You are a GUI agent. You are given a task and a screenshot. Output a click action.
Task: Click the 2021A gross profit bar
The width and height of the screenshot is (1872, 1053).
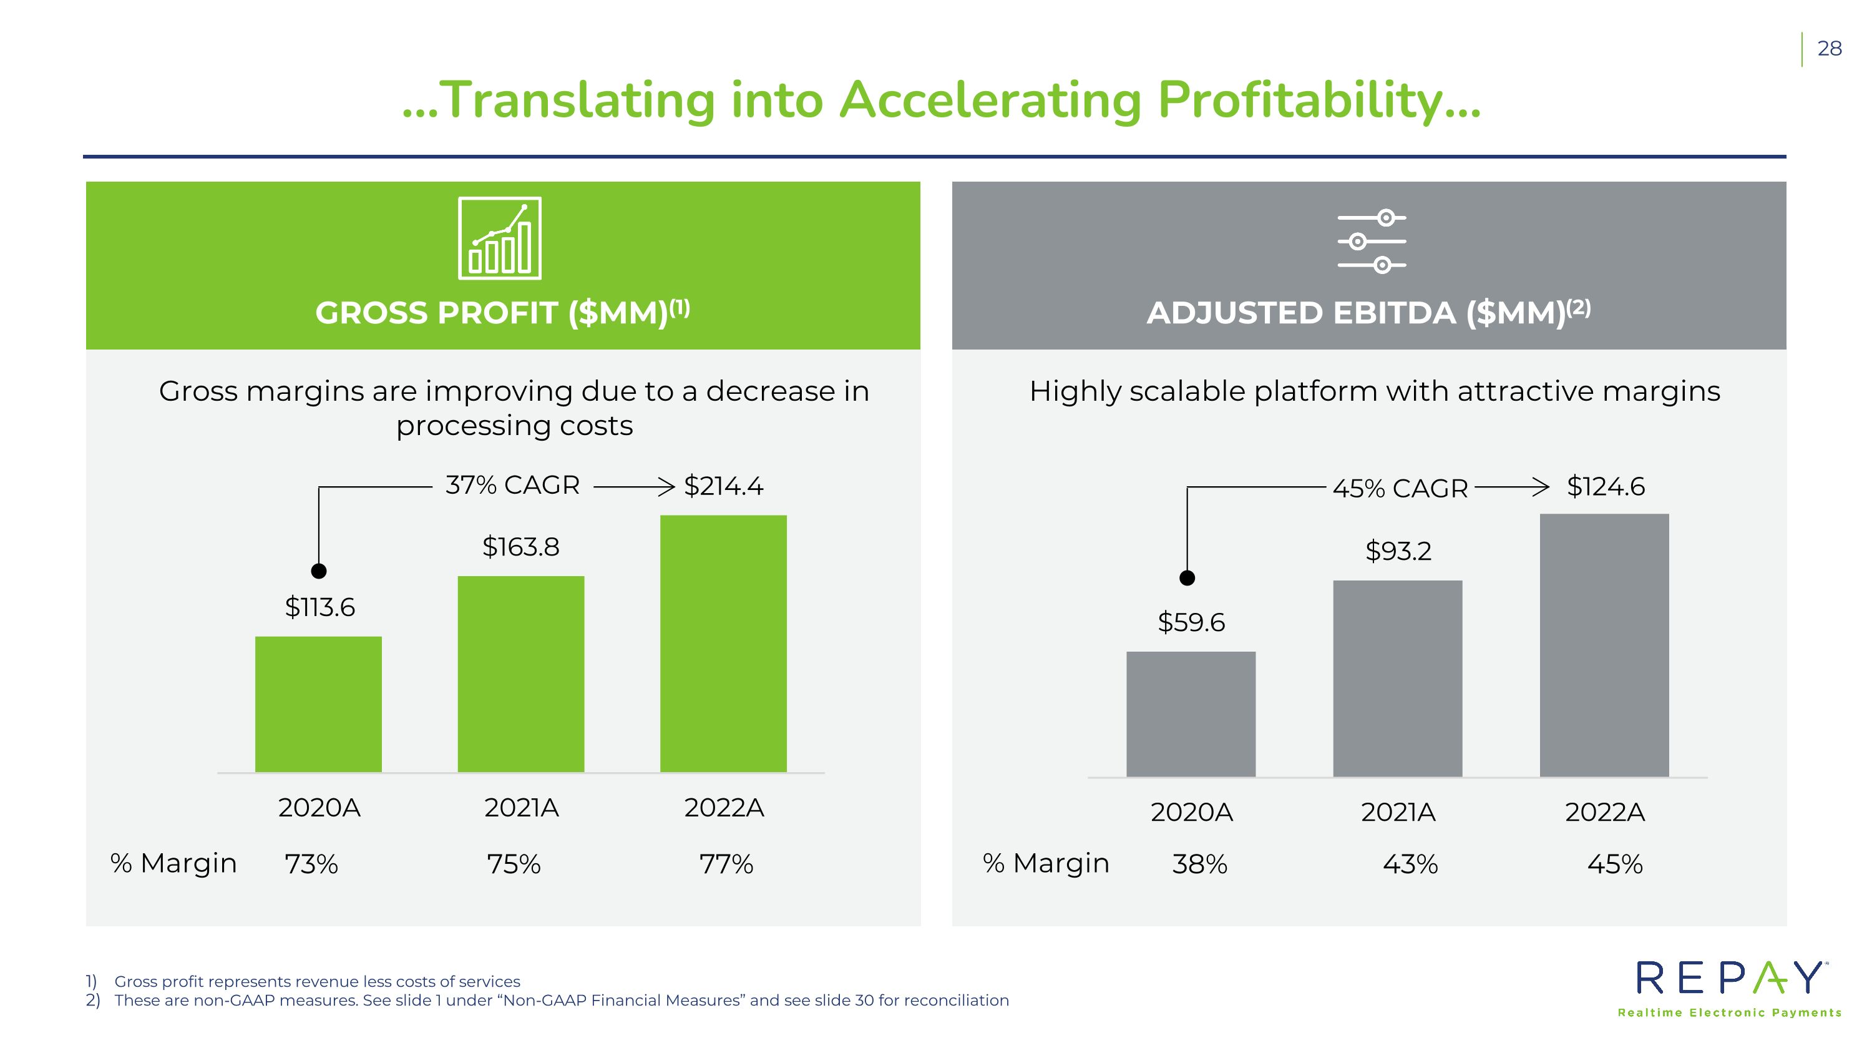[x=521, y=673]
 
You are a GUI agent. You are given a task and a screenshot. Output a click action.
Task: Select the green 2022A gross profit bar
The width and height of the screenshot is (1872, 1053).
[x=723, y=643]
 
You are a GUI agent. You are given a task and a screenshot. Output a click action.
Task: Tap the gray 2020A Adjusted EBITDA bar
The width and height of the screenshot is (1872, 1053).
[x=1191, y=713]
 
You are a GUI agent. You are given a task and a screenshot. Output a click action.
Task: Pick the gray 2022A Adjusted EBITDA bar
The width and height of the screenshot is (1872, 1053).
[x=1604, y=645]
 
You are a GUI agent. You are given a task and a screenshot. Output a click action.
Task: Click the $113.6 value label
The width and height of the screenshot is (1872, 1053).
[x=319, y=607]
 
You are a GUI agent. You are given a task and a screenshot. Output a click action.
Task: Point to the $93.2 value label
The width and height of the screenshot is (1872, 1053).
[x=1398, y=551]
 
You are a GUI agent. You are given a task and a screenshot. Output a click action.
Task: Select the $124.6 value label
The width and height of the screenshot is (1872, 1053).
[x=1606, y=486]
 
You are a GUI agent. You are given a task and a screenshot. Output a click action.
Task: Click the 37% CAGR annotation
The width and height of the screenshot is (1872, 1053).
[x=512, y=485]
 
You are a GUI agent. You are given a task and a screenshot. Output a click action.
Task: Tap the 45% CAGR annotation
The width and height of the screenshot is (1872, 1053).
[x=1400, y=488]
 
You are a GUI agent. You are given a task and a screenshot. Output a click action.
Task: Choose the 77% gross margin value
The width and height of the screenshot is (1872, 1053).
[x=726, y=864]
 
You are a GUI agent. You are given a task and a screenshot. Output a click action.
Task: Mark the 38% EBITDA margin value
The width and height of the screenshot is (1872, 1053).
[x=1200, y=864]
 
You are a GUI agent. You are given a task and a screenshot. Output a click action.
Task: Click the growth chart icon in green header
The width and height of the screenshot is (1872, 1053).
[x=500, y=238]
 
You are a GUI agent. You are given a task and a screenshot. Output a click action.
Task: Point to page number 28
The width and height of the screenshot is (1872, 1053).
[x=1829, y=49]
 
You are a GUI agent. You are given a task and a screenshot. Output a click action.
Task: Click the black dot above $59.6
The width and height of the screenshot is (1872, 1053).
[x=1187, y=578]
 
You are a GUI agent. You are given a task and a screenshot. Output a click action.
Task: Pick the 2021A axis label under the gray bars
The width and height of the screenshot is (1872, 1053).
[x=1398, y=811]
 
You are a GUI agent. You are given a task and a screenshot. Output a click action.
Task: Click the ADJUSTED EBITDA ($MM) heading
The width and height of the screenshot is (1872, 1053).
[x=1369, y=313]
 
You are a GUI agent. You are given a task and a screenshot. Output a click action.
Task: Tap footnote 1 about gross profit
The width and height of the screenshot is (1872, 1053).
[x=303, y=981]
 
